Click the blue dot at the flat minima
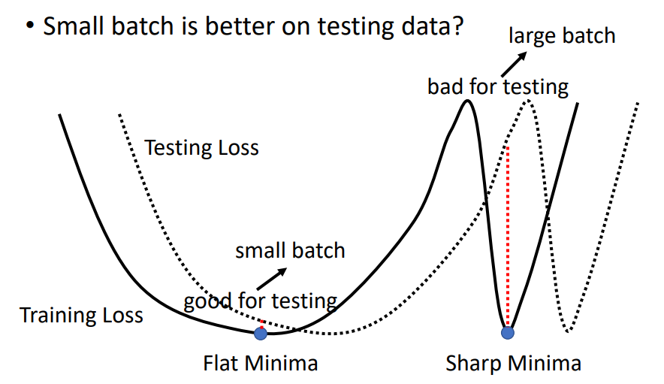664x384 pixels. click(261, 333)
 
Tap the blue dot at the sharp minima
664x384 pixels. click(508, 332)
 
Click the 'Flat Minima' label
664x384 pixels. click(261, 364)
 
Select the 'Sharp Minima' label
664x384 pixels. click(513, 364)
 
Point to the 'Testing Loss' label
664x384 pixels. click(201, 147)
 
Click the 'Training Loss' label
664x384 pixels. click(81, 315)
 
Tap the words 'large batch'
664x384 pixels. click(562, 35)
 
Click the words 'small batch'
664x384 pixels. click(290, 250)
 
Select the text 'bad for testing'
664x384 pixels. click(498, 87)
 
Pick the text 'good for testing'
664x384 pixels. click(261, 301)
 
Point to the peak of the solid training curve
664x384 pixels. click(468, 101)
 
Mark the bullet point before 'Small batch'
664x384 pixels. click(30, 28)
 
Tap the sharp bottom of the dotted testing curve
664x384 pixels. click(569, 331)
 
